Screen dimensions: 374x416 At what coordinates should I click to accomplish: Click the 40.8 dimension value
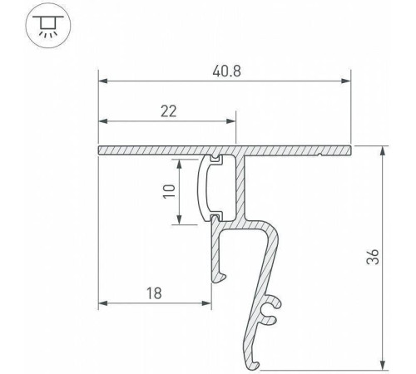coord(225,71)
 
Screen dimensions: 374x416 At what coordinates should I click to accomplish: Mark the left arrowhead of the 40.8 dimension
coord(104,81)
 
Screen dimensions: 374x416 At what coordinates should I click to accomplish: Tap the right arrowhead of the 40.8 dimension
coord(346,81)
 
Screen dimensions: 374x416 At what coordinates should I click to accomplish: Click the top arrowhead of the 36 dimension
coord(383,152)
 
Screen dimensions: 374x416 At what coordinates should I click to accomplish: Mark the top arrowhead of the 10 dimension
coord(178,161)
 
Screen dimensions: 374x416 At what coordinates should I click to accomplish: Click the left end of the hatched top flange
coord(102,150)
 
